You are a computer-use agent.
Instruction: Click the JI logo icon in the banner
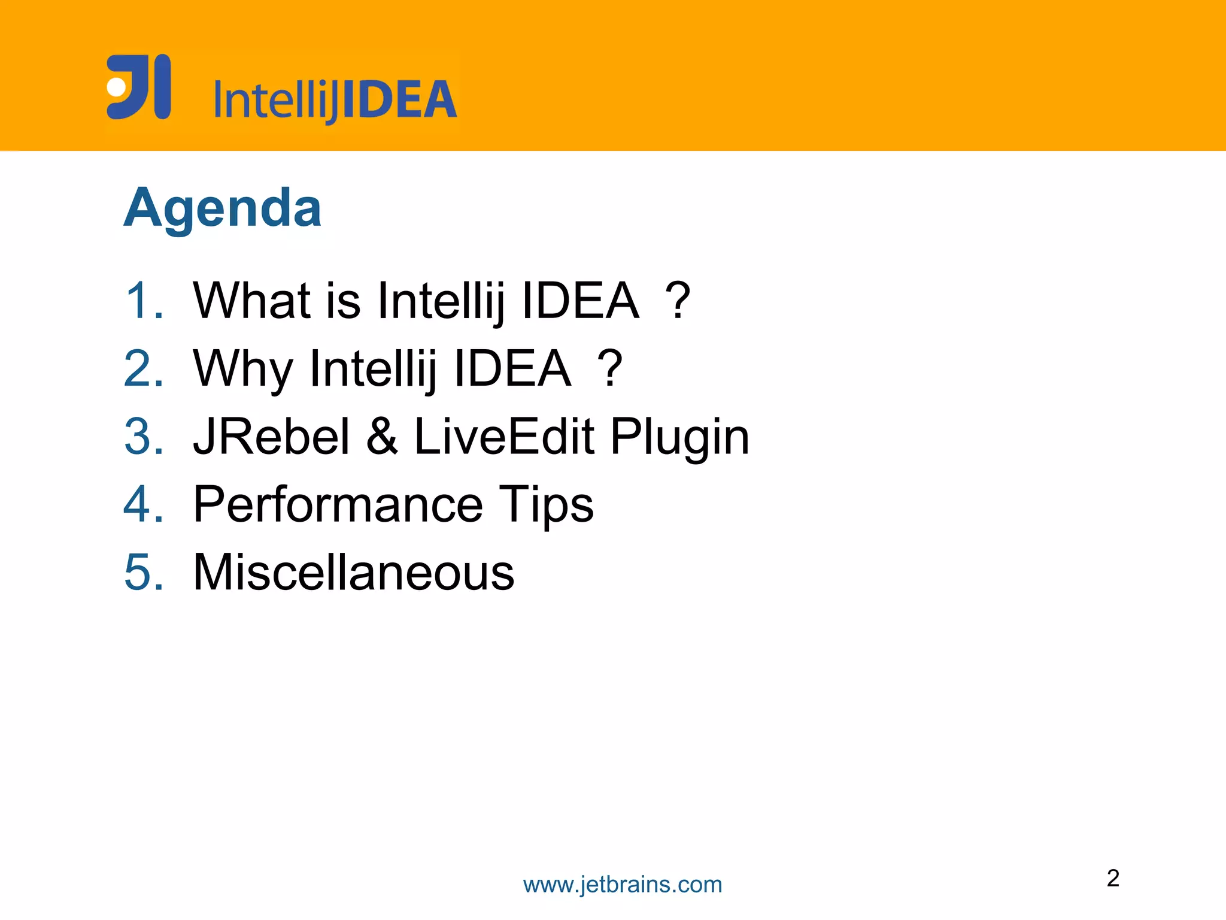(139, 87)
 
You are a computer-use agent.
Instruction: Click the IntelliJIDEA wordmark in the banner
(335, 99)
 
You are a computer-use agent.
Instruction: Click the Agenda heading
(223, 208)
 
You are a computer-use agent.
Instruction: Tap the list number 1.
(144, 300)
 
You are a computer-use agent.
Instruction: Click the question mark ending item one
(678, 301)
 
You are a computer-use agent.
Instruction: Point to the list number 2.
(144, 368)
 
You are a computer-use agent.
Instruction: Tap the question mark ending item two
(610, 369)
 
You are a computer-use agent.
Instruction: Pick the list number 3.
(144, 436)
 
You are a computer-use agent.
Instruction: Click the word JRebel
(271, 436)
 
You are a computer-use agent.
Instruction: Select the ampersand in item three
(382, 436)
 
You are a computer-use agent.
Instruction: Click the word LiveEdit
(504, 436)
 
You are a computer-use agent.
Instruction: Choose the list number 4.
(144, 504)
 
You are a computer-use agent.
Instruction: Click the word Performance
(338, 504)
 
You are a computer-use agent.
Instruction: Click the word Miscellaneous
(353, 572)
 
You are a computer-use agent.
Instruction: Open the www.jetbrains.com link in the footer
(623, 885)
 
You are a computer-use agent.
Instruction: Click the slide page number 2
(1113, 878)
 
